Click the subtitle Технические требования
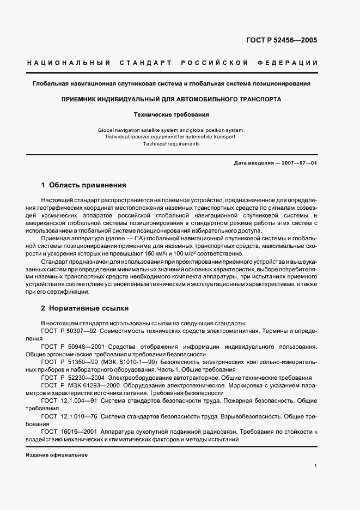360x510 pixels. click(171, 115)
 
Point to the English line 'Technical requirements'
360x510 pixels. click(171, 144)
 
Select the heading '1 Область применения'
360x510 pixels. click(83, 185)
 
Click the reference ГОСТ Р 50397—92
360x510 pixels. click(69, 331)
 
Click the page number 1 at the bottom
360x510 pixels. click(315, 466)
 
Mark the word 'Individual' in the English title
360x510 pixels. click(119, 137)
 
